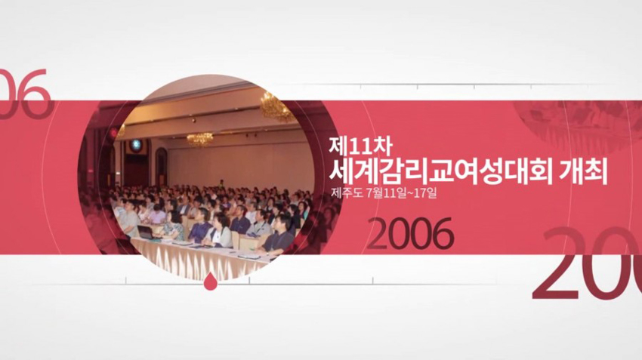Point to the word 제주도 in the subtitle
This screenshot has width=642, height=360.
point(347,193)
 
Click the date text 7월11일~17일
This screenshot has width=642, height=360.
point(402,193)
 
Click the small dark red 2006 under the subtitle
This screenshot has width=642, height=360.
point(410,235)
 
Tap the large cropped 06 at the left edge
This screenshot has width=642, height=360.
point(24,94)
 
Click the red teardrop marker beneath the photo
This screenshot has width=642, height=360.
point(209,282)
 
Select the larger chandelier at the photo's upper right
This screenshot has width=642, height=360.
point(276,106)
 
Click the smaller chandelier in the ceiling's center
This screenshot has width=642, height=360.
point(200,139)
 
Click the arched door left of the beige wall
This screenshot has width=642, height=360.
point(161,167)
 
